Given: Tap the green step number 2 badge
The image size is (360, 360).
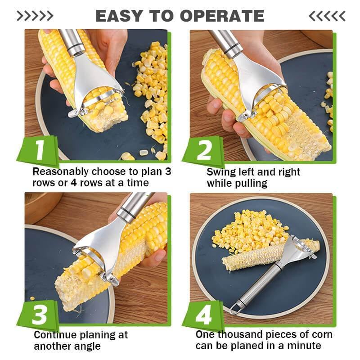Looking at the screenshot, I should (x=204, y=150).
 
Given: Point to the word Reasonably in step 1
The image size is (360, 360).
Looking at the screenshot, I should (x=60, y=172).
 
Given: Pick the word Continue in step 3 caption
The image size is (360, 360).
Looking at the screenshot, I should (x=54, y=335).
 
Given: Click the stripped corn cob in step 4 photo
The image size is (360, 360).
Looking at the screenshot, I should (x=252, y=261).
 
